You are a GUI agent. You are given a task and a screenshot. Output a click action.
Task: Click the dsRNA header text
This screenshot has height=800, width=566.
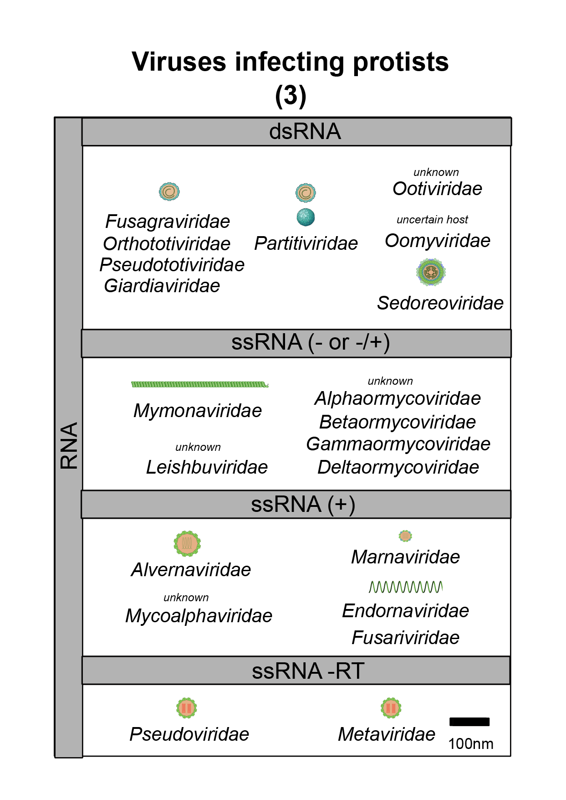(x=305, y=132)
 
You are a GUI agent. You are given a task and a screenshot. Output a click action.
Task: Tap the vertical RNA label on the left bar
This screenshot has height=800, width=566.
(x=69, y=445)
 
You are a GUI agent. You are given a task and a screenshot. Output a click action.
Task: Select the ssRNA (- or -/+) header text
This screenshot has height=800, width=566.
(x=310, y=342)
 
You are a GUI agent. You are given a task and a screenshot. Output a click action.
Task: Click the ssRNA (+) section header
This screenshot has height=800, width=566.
(x=303, y=505)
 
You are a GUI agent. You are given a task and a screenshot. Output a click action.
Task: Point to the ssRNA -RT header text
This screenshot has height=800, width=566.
(x=308, y=671)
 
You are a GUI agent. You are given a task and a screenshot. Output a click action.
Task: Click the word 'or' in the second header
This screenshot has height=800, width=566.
(x=339, y=343)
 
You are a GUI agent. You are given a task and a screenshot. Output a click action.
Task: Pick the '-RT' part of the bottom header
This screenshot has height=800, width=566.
(x=346, y=671)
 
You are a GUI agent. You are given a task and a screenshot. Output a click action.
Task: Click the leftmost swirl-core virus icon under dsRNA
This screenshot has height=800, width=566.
(x=169, y=191)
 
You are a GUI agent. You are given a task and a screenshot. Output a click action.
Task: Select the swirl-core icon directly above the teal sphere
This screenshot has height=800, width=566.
(x=306, y=193)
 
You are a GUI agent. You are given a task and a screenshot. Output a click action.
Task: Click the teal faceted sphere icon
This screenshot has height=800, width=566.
(x=306, y=217)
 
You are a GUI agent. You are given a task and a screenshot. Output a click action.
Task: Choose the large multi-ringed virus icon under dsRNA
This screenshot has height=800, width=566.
(x=431, y=272)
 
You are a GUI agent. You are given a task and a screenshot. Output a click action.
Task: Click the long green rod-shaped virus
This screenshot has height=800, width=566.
(x=199, y=385)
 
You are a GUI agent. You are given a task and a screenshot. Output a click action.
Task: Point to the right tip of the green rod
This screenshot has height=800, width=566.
(x=268, y=385)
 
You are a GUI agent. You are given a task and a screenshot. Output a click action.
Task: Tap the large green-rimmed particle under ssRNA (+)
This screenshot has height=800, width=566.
(x=188, y=543)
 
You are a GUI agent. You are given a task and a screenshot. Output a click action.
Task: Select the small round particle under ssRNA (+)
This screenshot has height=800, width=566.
(x=406, y=536)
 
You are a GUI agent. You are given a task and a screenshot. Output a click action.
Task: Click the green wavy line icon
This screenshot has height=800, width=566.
(x=405, y=587)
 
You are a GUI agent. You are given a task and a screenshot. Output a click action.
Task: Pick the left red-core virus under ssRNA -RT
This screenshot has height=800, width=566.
(x=187, y=708)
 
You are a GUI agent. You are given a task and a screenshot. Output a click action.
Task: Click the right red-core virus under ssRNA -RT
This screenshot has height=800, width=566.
(x=391, y=708)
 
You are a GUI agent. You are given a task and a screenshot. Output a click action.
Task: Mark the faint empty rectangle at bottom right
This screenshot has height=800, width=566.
(x=469, y=722)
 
